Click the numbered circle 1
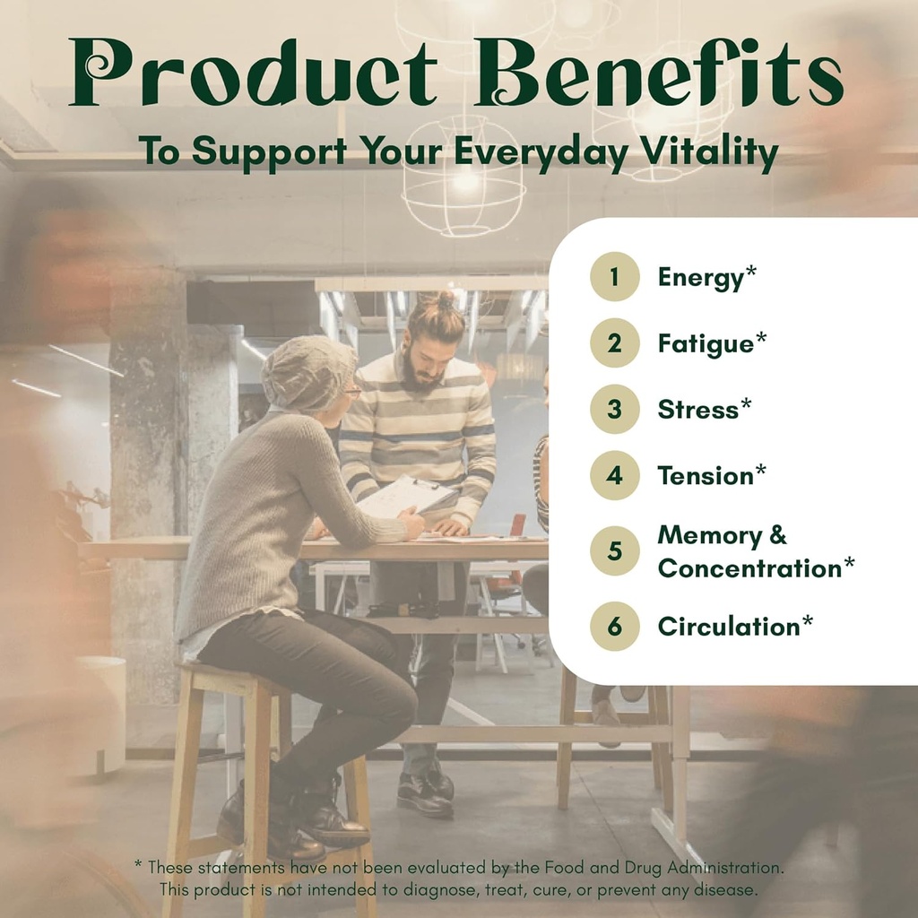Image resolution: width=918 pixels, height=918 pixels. click(x=614, y=276)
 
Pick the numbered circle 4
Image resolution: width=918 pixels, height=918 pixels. click(x=614, y=475)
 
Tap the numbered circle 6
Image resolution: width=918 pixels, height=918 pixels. click(x=614, y=627)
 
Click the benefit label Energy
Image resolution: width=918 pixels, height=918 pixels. click(x=701, y=278)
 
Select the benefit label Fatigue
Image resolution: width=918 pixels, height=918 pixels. click(x=706, y=344)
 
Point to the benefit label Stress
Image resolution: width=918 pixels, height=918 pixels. click(x=697, y=409)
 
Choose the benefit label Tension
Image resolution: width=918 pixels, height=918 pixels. click(x=706, y=475)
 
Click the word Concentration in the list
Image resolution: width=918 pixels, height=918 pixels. click(x=750, y=568)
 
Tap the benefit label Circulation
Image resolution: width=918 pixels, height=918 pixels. click(x=729, y=627)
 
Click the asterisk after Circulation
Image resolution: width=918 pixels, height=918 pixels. click(x=808, y=620)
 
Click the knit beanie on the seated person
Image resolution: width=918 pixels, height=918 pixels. click(x=308, y=372)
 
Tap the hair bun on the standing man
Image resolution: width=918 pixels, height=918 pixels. click(x=445, y=299)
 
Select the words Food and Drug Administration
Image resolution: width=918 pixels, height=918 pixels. click(x=664, y=867)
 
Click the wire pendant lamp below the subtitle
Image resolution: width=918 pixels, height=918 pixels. click(x=463, y=176)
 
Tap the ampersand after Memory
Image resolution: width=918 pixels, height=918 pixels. click(x=777, y=535)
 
